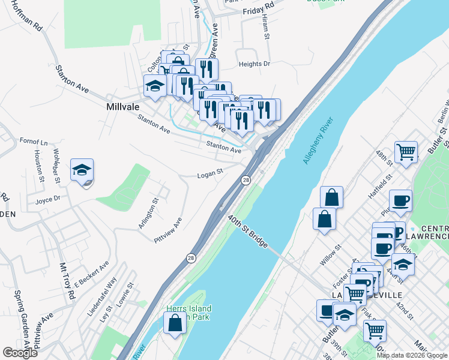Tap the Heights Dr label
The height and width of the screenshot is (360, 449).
[x=255, y=64]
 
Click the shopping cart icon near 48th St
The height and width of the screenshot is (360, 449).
[x=406, y=152]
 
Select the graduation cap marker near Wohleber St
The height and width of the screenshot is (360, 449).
[x=82, y=170]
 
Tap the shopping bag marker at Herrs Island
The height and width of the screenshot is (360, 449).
[x=175, y=323]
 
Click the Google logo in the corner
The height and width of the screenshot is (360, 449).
[x=20, y=353]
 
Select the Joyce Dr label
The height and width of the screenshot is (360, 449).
[x=48, y=200]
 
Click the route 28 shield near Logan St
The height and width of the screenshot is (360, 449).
[x=246, y=180]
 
